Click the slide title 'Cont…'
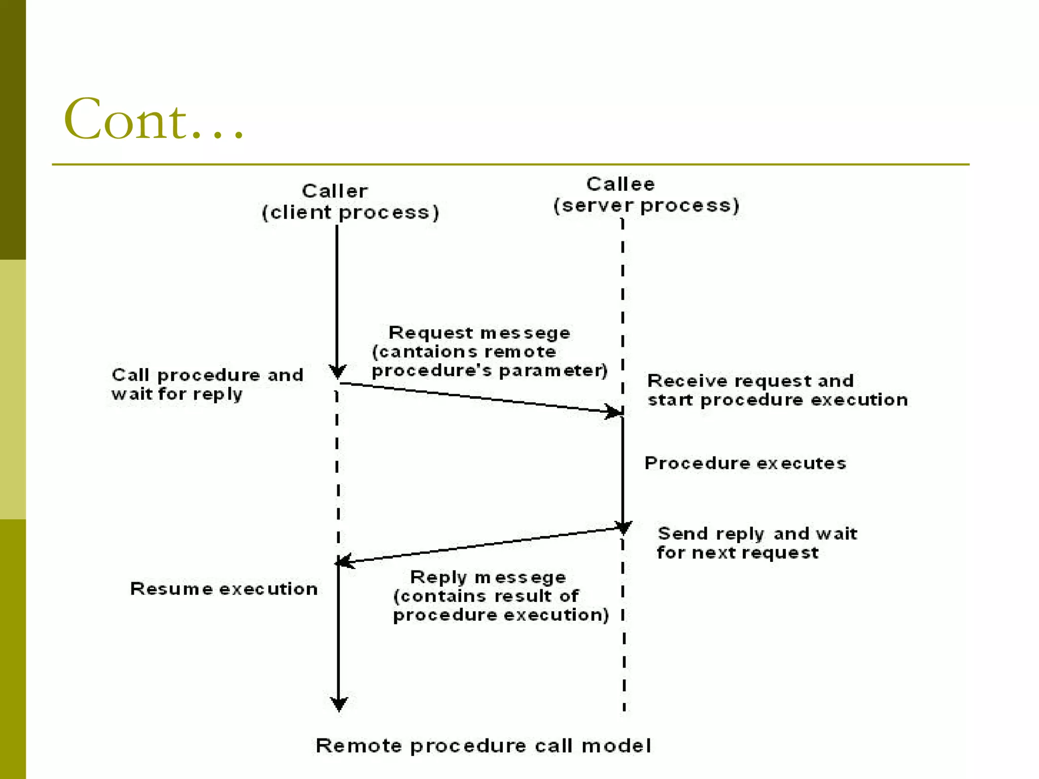[154, 120]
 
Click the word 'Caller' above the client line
[335, 191]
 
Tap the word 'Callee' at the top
[620, 184]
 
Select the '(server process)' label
[646, 205]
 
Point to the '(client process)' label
[350, 213]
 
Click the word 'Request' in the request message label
[431, 333]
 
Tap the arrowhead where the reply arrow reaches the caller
[345, 561]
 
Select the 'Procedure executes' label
[745, 463]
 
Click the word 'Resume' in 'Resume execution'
[171, 589]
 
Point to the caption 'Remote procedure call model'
[483, 746]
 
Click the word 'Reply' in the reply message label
[438, 577]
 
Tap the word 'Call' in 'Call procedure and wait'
[130, 375]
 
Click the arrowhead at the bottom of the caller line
[339, 704]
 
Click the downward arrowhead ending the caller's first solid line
[337, 372]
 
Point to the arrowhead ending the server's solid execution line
[624, 527]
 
